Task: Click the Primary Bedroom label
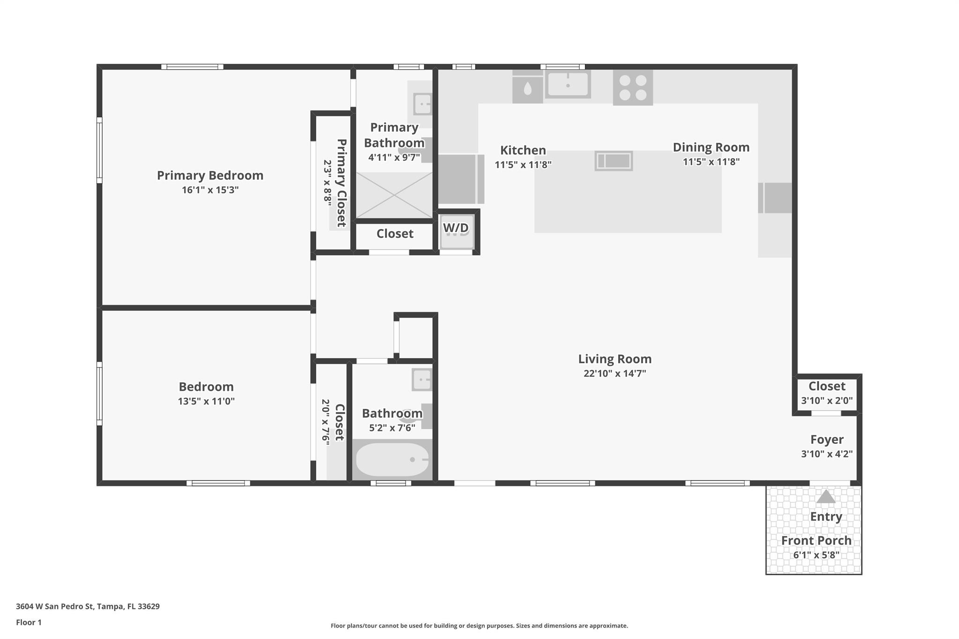click(x=210, y=176)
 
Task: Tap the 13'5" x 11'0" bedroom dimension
click(x=206, y=401)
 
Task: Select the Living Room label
click(x=615, y=359)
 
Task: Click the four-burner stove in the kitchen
click(x=633, y=88)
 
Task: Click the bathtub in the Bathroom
click(x=392, y=460)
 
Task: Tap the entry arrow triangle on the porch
click(x=826, y=496)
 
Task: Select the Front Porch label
click(x=816, y=541)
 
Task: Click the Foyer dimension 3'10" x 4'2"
click(x=827, y=454)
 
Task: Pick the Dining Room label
click(x=711, y=147)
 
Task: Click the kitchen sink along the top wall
click(x=568, y=84)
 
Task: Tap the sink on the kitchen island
click(x=614, y=161)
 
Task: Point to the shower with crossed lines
click(x=394, y=195)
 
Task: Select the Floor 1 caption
click(x=29, y=623)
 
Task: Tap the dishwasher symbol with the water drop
click(x=528, y=87)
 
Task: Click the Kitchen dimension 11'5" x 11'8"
click(x=523, y=165)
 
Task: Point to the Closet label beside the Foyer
click(x=827, y=386)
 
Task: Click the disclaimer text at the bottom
click(x=479, y=626)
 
